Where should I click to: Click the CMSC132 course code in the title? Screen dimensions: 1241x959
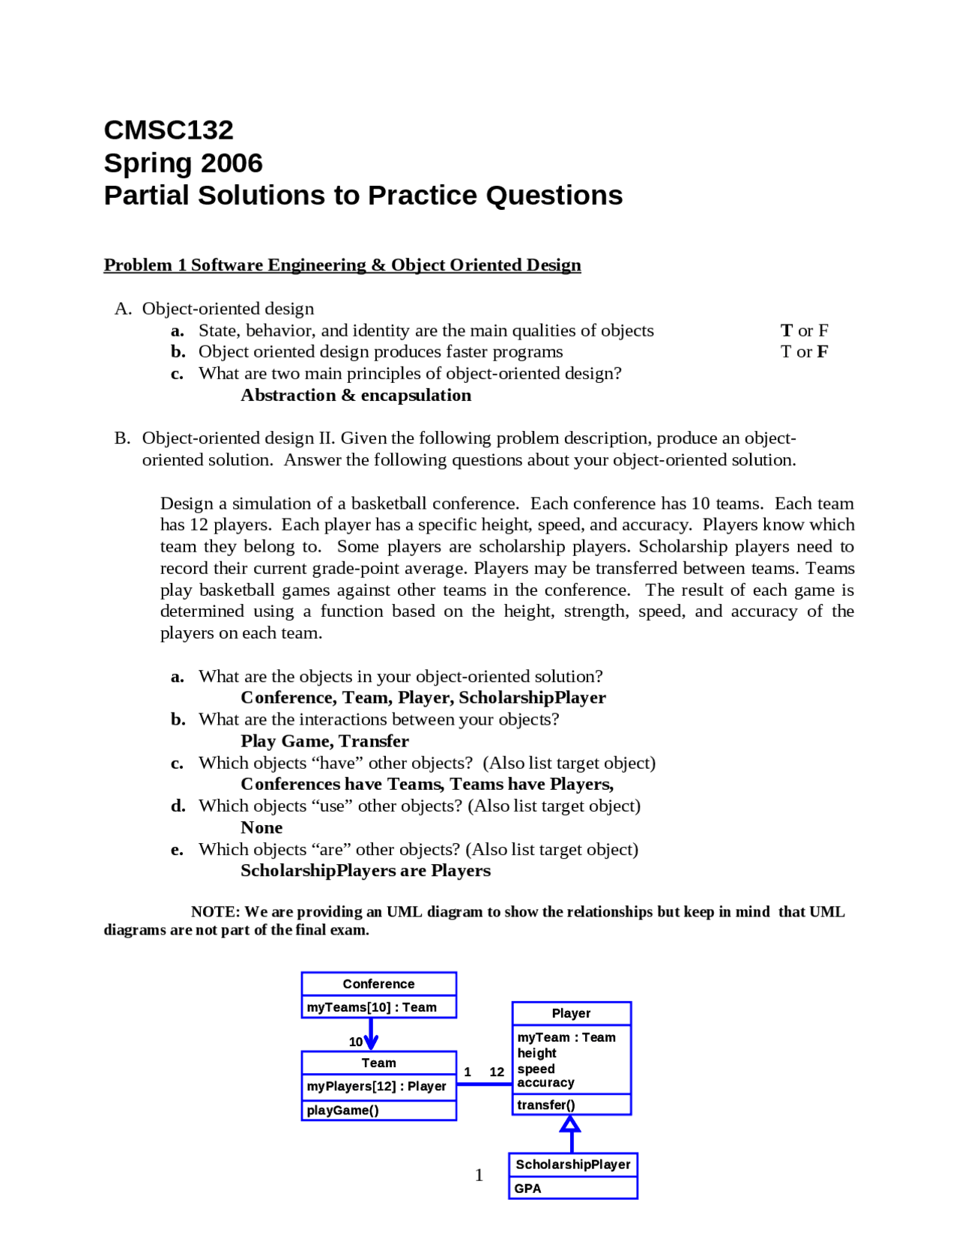169,130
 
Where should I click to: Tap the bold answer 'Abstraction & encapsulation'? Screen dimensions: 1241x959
356,396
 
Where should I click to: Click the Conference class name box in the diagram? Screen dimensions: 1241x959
378,984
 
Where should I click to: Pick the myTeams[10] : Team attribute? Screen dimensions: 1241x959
372,1007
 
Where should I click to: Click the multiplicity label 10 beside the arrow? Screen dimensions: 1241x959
355,1042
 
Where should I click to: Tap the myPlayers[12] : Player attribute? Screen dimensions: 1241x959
376,1086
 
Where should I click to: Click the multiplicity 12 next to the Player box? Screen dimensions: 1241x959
497,1072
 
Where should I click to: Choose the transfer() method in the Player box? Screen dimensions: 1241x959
546,1105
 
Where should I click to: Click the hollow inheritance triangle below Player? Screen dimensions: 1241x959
571,1124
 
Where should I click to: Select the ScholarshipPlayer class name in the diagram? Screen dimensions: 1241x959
573,1165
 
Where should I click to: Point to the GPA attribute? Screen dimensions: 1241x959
528,1189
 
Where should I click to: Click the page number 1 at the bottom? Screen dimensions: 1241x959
479,1175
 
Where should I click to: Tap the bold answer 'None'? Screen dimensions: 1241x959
261,828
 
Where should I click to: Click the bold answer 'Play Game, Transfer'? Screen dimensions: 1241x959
324,741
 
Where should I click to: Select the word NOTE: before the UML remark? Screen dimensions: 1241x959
216,912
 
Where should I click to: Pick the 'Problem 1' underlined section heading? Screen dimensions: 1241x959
145,265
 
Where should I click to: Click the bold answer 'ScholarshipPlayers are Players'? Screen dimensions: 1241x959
366,871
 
